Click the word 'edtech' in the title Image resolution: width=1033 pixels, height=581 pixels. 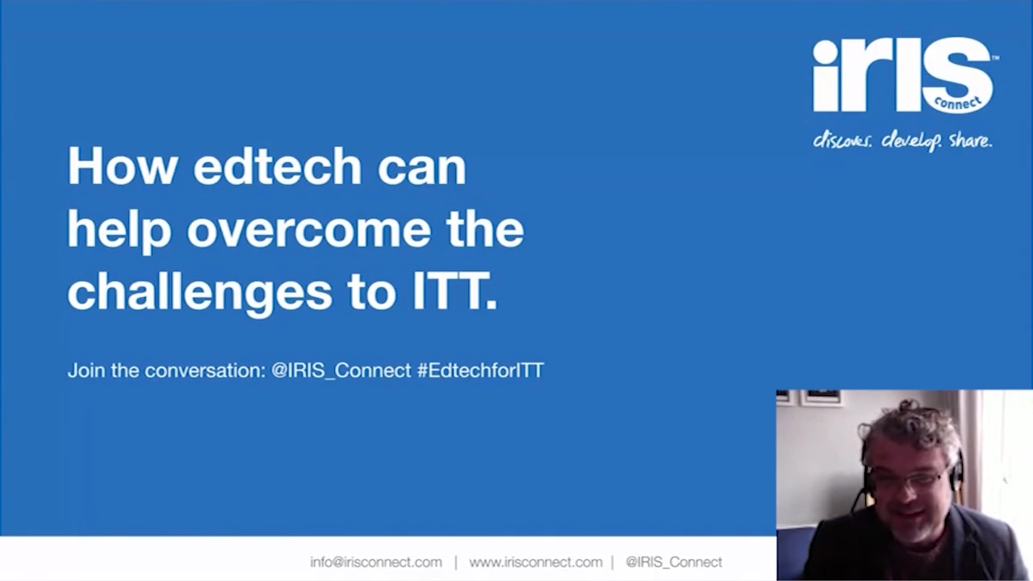tap(277, 166)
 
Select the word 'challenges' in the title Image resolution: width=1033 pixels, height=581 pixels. tap(199, 292)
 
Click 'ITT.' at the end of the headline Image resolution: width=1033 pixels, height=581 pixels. tap(454, 291)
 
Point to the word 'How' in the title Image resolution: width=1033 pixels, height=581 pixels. tap(123, 166)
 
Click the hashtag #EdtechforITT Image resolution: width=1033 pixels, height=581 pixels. tap(480, 370)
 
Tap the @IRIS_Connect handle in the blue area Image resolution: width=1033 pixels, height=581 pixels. tap(341, 370)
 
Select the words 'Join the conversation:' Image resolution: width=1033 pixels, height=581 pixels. tap(166, 370)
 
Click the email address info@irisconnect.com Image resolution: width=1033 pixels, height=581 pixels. tap(376, 562)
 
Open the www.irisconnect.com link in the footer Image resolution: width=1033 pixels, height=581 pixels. tap(536, 562)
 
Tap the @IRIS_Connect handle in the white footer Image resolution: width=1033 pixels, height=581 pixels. tap(674, 562)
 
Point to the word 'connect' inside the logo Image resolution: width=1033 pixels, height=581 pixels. tap(957, 102)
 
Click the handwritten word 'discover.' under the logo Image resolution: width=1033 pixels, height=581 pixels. tap(842, 140)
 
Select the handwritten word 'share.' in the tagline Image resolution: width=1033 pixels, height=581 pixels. tap(970, 140)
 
